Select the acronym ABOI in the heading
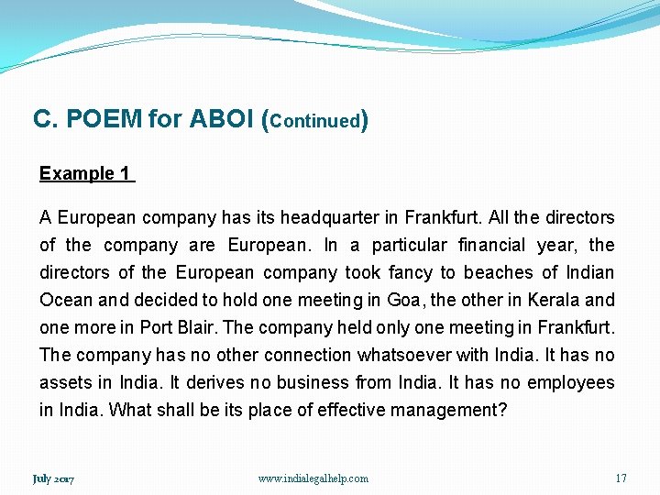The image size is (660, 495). [x=222, y=119]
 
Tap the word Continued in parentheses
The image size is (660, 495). [x=314, y=121]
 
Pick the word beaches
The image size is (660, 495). [x=498, y=272]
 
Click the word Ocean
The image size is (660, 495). [x=66, y=300]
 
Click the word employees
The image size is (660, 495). [x=570, y=382]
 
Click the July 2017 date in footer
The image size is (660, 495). [x=53, y=478]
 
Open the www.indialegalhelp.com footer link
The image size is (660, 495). [x=313, y=478]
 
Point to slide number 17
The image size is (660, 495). [x=621, y=478]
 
